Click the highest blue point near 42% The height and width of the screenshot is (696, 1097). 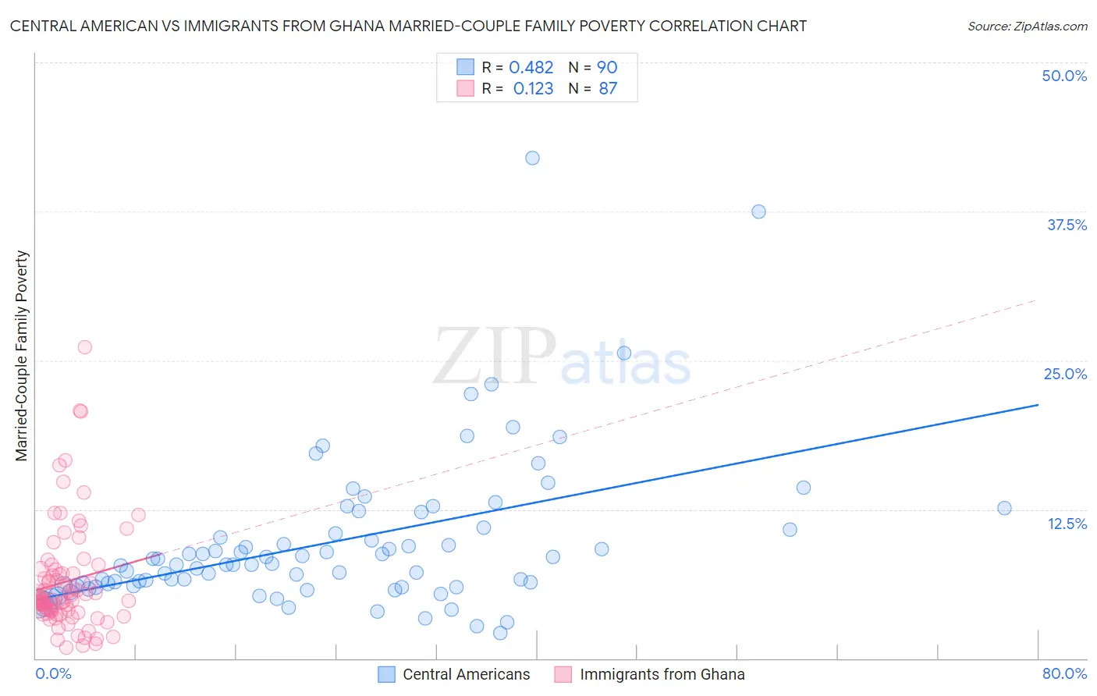coord(532,158)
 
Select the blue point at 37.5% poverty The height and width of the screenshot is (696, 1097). coord(758,211)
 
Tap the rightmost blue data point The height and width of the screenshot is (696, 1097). coord(1004,508)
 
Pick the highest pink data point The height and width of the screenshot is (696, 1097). coord(84,347)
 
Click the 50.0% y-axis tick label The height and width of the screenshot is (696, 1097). coord(1064,76)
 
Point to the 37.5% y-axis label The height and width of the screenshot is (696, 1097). coord(1067,225)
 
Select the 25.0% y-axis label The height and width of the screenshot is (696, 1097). coord(1065,374)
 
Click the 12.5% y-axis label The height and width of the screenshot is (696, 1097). coord(1067,524)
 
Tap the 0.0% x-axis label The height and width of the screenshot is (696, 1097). coord(53,673)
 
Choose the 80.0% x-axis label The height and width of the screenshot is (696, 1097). coord(1064,673)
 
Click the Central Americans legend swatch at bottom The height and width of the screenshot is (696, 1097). coord(386,674)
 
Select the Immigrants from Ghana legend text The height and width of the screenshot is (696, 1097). coord(662,674)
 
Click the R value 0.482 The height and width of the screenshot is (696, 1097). coord(531,68)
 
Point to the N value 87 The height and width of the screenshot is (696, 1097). coord(608,89)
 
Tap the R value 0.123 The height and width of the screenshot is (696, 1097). coord(533,89)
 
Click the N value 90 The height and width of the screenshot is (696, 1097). coord(607,68)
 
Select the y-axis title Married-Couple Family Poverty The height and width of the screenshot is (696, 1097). coord(22,356)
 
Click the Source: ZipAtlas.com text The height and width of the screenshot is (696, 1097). coord(1027,27)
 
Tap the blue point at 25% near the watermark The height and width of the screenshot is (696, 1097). coord(624,353)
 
